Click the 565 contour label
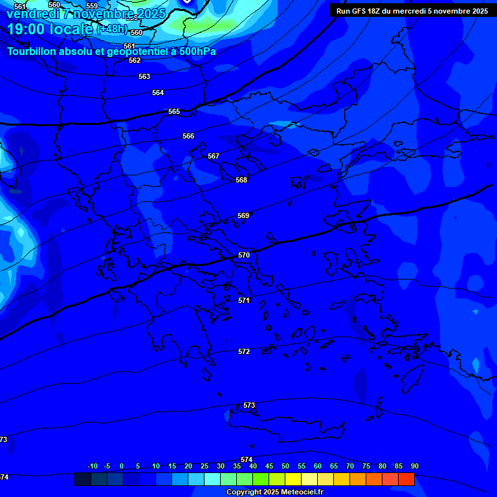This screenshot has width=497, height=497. tap(174, 112)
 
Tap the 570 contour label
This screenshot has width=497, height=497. tap(244, 256)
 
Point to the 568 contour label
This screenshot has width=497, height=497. tap(241, 181)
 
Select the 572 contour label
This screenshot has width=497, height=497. tap(244, 352)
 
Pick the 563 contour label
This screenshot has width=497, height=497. tap(144, 77)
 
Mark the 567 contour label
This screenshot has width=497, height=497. tap(214, 157)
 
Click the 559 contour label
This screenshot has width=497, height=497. tap(92, 6)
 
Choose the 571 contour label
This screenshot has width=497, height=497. tap(244, 301)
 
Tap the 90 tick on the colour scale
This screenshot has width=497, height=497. tap(414, 467)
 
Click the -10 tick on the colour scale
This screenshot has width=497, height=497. tap(93, 467)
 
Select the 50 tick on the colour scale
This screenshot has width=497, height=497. tap(285, 467)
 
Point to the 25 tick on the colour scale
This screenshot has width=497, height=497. tap(204, 467)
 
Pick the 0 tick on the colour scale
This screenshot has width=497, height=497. tap(122, 467)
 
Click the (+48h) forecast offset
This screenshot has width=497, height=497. tap(112, 29)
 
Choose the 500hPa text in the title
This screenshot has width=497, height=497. tap(197, 52)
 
